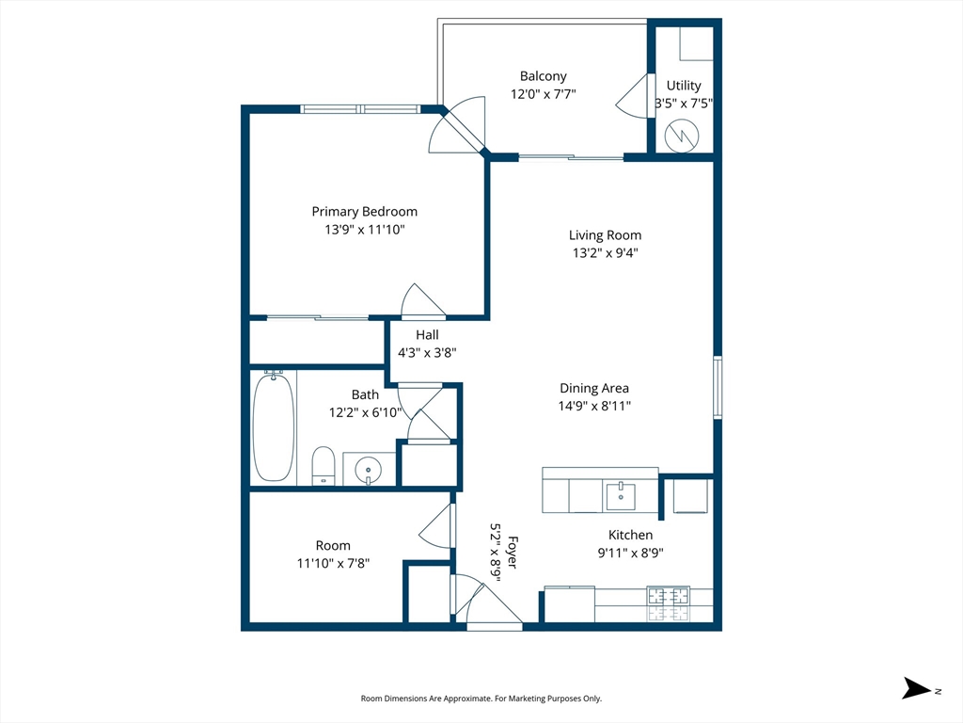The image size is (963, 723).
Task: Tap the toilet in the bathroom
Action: [x=324, y=465]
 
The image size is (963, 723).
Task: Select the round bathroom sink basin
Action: [x=368, y=471]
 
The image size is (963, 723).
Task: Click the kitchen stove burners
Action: [x=668, y=604]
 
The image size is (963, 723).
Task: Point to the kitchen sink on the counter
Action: [x=621, y=496]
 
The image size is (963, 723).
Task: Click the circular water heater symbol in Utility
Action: [x=682, y=136]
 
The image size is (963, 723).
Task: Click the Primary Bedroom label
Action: [x=364, y=212]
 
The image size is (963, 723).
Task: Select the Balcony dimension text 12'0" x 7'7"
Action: [x=543, y=94]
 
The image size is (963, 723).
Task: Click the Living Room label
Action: [x=605, y=234]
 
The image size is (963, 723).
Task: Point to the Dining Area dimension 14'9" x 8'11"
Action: [x=594, y=406]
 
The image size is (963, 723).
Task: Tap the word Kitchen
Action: [x=630, y=535]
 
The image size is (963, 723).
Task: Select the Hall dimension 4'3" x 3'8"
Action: [x=427, y=353]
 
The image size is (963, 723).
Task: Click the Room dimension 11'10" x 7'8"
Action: [x=333, y=563]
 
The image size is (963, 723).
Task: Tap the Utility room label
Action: [x=684, y=86]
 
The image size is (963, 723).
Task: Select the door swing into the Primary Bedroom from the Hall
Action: [x=423, y=301]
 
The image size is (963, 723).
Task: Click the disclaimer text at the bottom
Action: [x=481, y=699]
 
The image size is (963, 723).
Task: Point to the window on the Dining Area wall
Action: [x=718, y=387]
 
